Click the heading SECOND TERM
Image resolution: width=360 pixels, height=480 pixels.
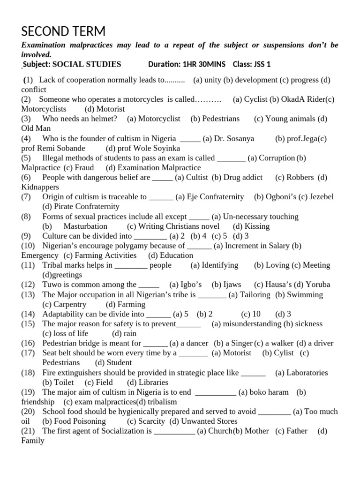coord(63,32)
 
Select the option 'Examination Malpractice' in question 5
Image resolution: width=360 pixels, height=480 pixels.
coord(159,167)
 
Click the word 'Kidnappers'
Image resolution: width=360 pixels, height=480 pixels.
coord(40,187)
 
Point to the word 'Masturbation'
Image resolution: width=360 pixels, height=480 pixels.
coord(86,226)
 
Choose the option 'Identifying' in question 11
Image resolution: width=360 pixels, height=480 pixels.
coord(220,265)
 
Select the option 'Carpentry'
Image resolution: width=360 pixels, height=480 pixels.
coord(70,304)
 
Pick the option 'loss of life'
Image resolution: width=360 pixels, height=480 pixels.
coord(71,333)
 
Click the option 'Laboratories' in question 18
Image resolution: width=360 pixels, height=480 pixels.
coord(307,373)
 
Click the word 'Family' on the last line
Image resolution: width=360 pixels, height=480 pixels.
coord(33,441)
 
